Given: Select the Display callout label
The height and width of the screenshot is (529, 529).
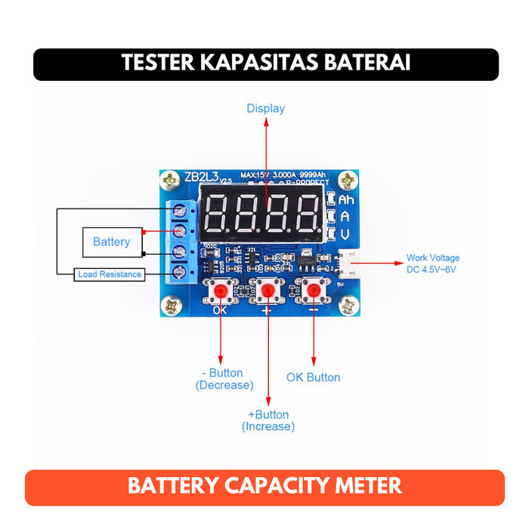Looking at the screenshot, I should [x=265, y=108].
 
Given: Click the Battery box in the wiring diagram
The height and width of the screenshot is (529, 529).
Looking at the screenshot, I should [x=111, y=242].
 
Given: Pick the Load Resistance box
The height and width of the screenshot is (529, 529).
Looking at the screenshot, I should [x=110, y=274].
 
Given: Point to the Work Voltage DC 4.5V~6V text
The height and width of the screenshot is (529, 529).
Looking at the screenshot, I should [x=432, y=263].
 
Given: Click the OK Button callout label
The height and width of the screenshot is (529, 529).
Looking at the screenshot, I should [x=313, y=377].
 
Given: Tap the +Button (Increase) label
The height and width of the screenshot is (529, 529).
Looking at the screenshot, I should [x=268, y=420].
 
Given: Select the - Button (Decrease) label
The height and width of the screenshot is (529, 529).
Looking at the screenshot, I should [x=224, y=379].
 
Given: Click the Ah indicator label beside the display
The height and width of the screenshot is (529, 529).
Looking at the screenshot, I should [x=345, y=200].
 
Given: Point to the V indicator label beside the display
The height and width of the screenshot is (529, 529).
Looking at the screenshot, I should [x=345, y=234].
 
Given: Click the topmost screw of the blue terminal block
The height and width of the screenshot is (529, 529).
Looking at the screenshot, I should [x=179, y=209].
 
